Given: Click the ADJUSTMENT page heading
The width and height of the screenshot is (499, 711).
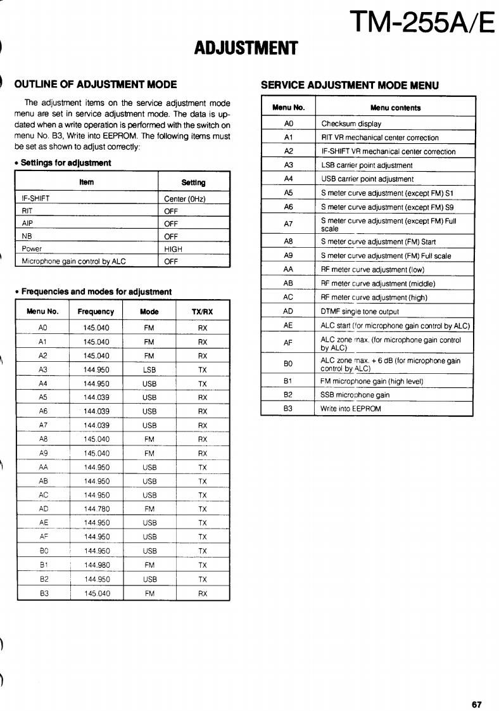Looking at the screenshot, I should tap(246, 48).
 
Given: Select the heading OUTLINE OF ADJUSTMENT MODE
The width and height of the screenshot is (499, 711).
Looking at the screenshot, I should tap(96, 84).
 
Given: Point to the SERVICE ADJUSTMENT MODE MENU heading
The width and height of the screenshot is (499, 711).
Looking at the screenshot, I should tap(350, 85).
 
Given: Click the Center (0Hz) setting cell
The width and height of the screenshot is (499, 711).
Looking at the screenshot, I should tap(185, 198).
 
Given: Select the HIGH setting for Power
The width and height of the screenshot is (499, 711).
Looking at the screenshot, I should tap(173, 249).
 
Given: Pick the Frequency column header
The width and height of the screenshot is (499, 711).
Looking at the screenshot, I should tap(96, 312).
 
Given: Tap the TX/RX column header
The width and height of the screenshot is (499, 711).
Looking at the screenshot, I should tap(202, 312).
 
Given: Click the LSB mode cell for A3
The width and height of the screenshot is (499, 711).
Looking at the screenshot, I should tap(149, 370).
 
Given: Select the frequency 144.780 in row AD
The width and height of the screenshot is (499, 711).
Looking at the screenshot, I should tap(96, 509).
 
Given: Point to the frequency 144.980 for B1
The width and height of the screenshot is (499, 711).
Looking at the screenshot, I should tap(96, 565).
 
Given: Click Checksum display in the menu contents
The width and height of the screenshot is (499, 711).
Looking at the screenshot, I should tap(351, 124).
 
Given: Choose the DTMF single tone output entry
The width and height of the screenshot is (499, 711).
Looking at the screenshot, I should tap(360, 312).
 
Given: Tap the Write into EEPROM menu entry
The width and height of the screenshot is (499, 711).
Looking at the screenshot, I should tap(351, 409).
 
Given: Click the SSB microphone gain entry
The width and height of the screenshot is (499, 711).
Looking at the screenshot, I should tap(355, 395).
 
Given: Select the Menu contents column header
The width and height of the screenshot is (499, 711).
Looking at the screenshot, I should tap(395, 108).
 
